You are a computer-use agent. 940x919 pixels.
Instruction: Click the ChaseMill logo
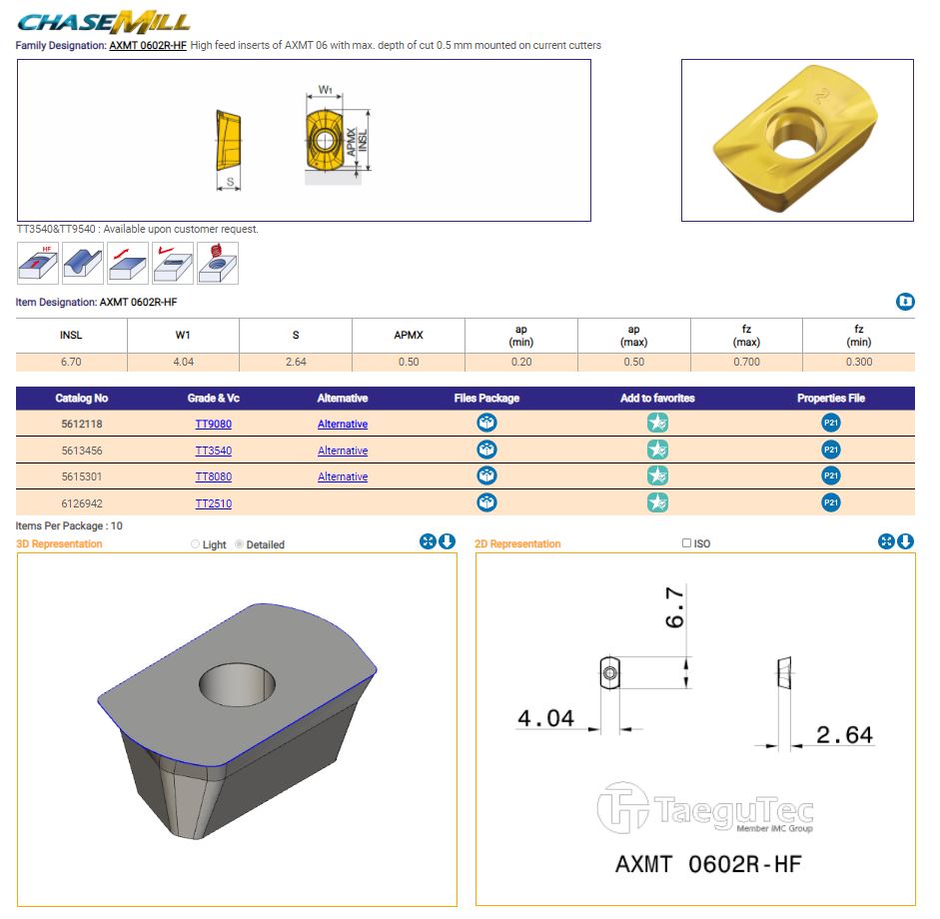click(103, 22)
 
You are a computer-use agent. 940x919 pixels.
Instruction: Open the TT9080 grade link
click(214, 424)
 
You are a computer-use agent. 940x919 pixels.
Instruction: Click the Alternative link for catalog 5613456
click(343, 451)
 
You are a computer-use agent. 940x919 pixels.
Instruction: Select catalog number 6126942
click(82, 503)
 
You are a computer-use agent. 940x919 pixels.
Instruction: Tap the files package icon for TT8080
click(486, 476)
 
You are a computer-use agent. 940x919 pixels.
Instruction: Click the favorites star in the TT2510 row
click(657, 503)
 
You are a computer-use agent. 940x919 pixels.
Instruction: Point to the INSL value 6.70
click(71, 362)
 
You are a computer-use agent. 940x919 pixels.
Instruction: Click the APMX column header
click(409, 335)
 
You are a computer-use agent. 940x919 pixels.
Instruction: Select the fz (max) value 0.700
click(746, 362)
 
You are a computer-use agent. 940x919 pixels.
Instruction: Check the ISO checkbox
click(686, 543)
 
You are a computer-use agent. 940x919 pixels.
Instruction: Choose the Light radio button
click(195, 544)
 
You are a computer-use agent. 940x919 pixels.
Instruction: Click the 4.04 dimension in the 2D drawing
click(545, 718)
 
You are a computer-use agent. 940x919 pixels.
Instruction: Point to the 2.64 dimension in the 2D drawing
click(845, 735)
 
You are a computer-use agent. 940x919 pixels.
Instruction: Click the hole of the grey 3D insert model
click(237, 684)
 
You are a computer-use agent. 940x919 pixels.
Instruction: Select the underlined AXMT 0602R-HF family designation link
click(148, 46)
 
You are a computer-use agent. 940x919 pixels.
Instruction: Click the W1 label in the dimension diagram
click(325, 89)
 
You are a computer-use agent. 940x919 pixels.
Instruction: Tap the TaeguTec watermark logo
click(705, 807)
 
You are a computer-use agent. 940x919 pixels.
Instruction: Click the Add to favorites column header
click(657, 398)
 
